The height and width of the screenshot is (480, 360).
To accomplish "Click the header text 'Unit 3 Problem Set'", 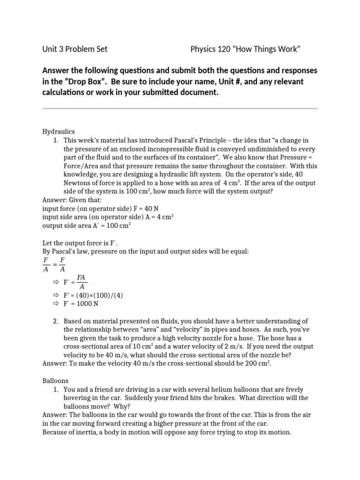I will (x=75, y=49).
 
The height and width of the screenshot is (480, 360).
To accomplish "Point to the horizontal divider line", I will (x=180, y=109).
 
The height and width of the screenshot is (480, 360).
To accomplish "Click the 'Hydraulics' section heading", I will (x=59, y=132).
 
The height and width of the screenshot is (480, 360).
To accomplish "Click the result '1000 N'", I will (x=88, y=303).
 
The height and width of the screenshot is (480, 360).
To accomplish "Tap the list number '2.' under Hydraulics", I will (x=55, y=321).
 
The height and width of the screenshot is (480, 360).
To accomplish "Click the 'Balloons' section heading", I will (x=56, y=381).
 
